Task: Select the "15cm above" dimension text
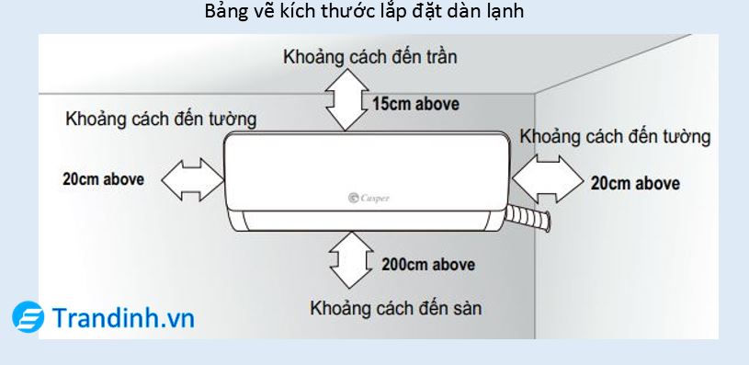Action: coord(415,103)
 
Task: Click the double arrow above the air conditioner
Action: coord(344,100)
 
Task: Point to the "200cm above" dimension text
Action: coord(428,264)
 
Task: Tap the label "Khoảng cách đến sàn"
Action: coord(396,306)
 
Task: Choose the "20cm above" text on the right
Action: coord(635,183)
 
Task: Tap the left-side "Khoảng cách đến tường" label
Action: coord(161,119)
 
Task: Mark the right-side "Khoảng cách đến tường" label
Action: coord(615,137)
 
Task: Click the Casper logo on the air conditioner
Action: coord(369,196)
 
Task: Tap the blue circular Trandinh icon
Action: coord(28,317)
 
